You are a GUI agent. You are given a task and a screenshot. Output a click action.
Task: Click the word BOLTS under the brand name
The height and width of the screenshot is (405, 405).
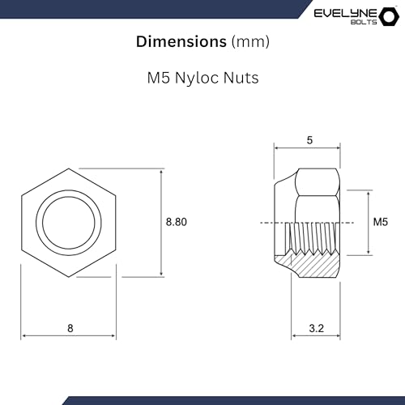click(357, 23)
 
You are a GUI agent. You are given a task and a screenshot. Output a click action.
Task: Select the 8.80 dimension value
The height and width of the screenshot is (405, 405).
click(176, 222)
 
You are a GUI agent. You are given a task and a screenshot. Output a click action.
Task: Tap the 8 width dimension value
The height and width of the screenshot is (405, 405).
click(70, 328)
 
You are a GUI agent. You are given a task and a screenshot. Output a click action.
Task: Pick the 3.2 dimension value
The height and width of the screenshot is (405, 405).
click(317, 328)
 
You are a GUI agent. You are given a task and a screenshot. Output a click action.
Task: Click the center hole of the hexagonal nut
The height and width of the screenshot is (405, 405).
click(70, 222)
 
